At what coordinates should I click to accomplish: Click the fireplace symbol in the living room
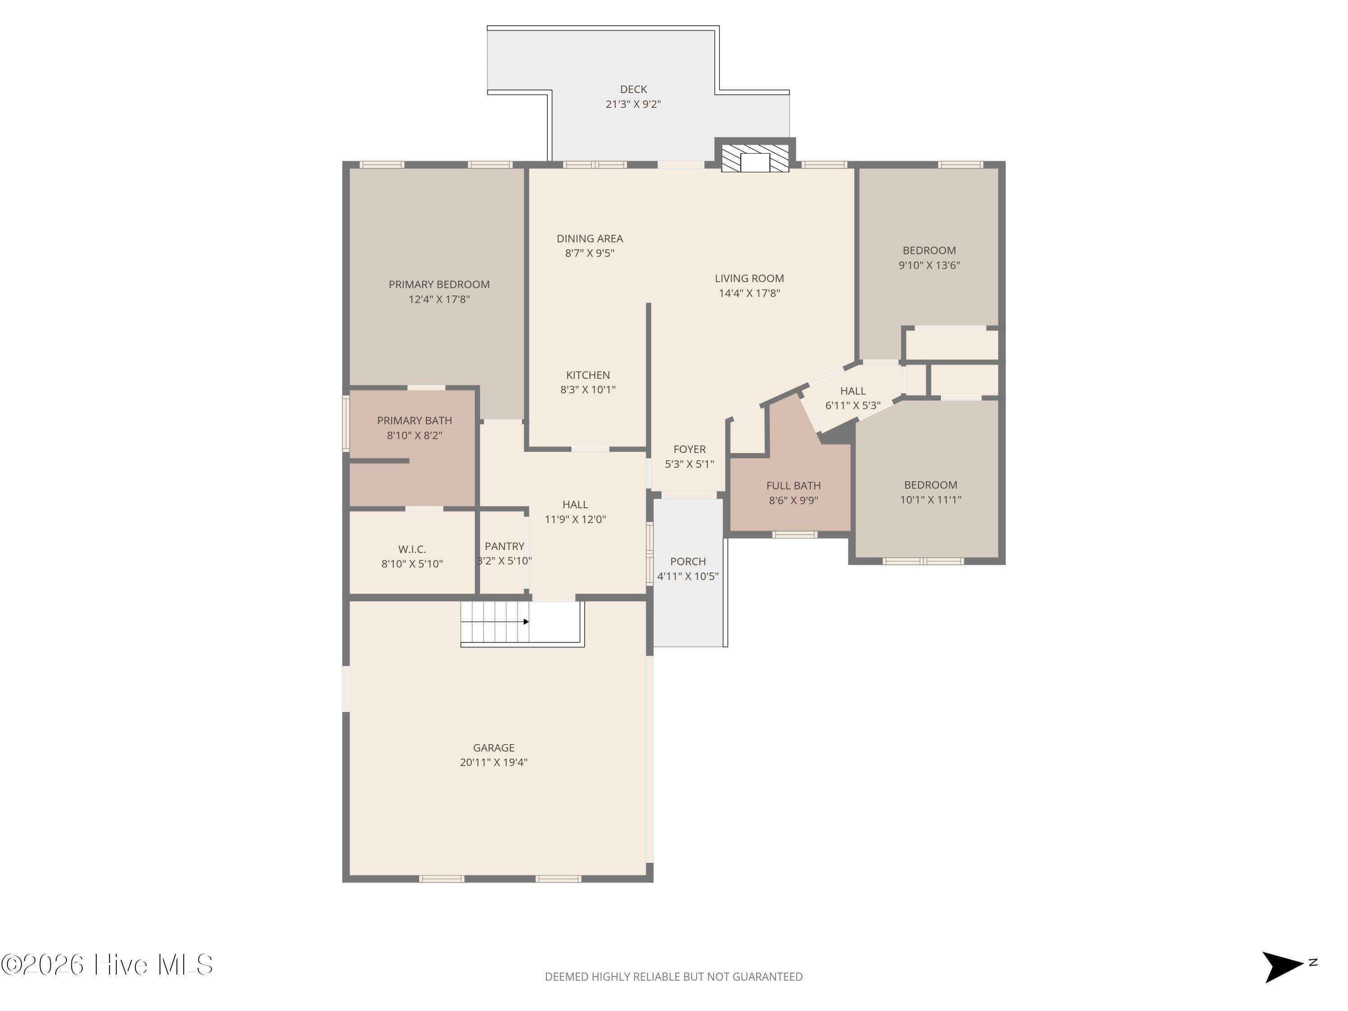(x=755, y=158)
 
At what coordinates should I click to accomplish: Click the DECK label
(x=633, y=89)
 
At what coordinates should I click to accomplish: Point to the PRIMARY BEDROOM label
(x=439, y=284)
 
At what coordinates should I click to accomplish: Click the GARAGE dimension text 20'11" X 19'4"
(x=494, y=763)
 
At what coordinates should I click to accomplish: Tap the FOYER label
(x=689, y=449)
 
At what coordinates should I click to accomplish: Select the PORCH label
(x=688, y=561)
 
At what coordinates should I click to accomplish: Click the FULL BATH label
(x=794, y=486)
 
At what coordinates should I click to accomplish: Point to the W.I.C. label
(x=412, y=549)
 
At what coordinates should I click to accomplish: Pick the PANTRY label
(x=504, y=546)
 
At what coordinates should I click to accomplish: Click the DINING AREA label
(x=589, y=239)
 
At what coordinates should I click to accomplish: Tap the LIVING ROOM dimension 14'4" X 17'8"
(x=749, y=293)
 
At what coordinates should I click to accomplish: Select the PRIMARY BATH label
(x=414, y=421)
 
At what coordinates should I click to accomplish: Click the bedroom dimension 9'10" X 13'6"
(x=929, y=265)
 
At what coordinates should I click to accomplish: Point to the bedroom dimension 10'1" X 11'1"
(x=931, y=500)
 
